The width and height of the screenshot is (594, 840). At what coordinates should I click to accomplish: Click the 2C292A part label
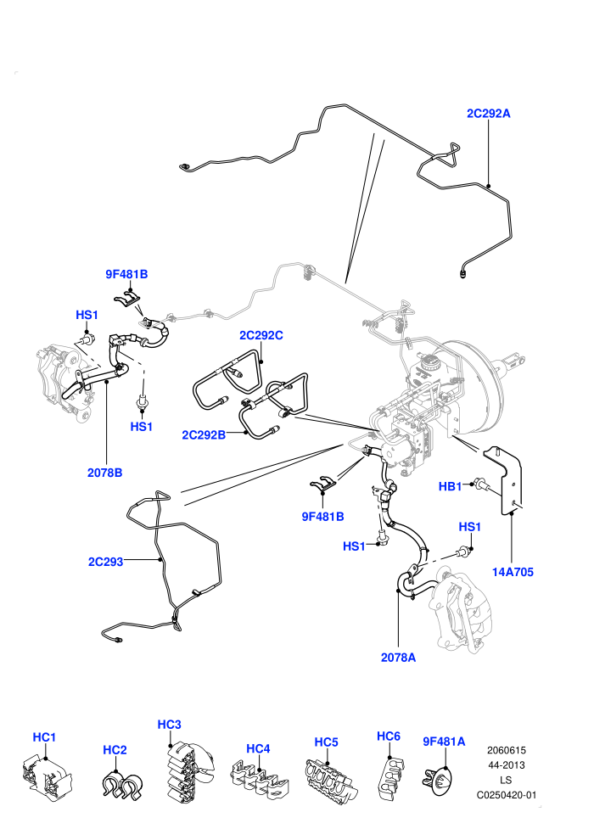pyautogui.click(x=489, y=113)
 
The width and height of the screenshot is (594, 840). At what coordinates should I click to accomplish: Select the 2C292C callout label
pyautogui.click(x=261, y=335)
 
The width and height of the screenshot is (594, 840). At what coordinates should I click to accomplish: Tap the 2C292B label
pyautogui.click(x=204, y=434)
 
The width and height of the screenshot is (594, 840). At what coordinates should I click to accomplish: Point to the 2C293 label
pyautogui.click(x=105, y=562)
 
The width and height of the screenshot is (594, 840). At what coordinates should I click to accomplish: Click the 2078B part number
pyautogui.click(x=105, y=473)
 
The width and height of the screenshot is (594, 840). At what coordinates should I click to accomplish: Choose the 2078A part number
pyautogui.click(x=399, y=658)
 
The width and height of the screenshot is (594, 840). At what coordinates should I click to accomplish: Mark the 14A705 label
pyautogui.click(x=513, y=572)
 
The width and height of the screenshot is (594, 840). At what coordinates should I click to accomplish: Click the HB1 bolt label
pyautogui.click(x=450, y=486)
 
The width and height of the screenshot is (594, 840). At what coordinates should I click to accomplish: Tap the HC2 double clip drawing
pyautogui.click(x=121, y=786)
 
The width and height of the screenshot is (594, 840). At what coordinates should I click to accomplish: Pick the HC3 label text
pyautogui.click(x=169, y=725)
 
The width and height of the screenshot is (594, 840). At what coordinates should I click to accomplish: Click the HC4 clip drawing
pyautogui.click(x=260, y=781)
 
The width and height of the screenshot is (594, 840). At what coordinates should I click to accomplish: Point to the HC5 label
pyautogui.click(x=326, y=742)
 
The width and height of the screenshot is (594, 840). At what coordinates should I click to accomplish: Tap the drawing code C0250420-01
pyautogui.click(x=507, y=795)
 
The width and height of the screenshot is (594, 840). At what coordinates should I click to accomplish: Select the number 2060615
pyautogui.click(x=507, y=750)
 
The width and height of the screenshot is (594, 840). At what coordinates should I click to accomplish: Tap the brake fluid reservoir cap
pyautogui.click(x=429, y=361)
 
